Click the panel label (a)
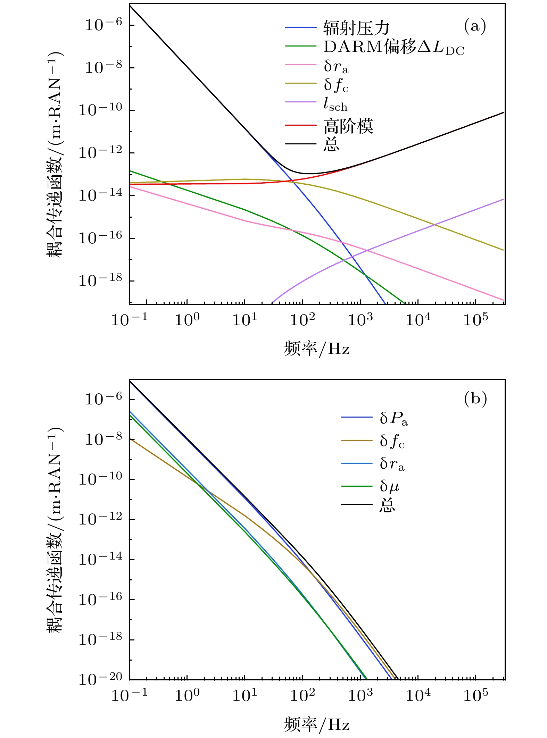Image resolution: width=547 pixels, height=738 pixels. (x=475, y=26)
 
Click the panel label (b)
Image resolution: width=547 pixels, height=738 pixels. (x=475, y=399)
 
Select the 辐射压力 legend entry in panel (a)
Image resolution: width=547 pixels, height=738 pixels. (x=356, y=28)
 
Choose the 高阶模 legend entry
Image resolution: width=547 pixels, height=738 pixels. (x=348, y=126)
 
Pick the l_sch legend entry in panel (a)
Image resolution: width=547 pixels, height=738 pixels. (x=335, y=104)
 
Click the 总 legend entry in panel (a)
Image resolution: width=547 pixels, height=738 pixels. (x=331, y=144)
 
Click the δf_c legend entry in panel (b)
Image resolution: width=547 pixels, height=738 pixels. (x=392, y=441)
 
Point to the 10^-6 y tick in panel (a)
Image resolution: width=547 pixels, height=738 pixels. (x=103, y=25)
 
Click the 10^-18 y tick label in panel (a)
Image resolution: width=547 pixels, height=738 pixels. (x=100, y=280)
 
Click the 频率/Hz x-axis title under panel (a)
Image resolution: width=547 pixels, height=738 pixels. (x=316, y=349)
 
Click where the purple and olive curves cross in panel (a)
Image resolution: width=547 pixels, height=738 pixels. (x=434, y=225)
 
